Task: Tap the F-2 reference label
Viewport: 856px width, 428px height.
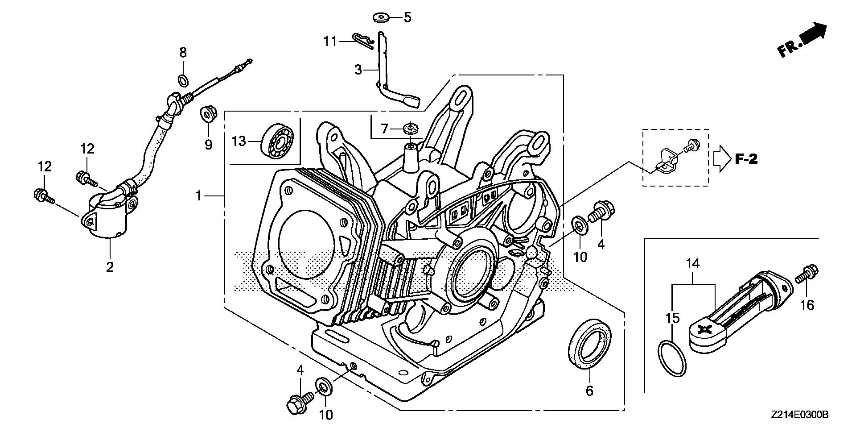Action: click(x=746, y=159)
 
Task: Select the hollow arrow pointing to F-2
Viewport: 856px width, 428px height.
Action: click(x=721, y=159)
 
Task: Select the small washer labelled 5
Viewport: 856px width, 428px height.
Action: click(x=380, y=18)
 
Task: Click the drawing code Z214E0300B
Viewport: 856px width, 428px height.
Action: click(x=799, y=415)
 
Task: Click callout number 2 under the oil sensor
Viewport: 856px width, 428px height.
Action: click(x=110, y=267)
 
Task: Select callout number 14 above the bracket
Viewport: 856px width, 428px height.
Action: click(x=693, y=263)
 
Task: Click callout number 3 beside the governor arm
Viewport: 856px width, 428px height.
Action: click(x=358, y=70)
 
